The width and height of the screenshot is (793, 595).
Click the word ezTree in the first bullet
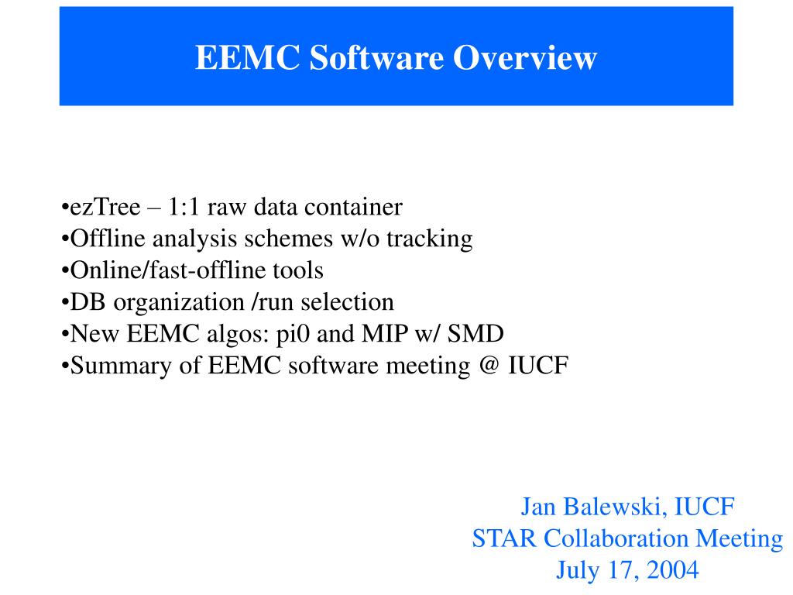105,208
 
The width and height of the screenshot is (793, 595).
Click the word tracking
430,239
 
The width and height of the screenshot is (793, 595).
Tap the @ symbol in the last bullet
489,366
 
